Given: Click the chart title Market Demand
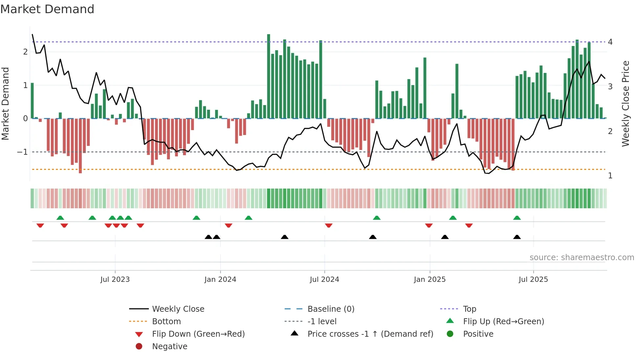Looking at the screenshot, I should (47, 9).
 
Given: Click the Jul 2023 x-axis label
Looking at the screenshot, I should (115, 280).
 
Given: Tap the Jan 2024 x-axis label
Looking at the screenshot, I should (220, 280).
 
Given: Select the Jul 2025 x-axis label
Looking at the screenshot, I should (533, 280).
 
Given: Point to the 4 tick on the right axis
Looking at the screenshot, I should (610, 42).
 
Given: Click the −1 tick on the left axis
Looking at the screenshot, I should (22, 152).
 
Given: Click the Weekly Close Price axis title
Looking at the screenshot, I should (626, 103).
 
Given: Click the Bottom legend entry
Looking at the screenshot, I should (166, 322).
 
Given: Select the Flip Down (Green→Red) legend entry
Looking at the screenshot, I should (198, 334).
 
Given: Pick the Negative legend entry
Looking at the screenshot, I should (170, 347).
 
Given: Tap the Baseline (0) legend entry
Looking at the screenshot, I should (331, 309).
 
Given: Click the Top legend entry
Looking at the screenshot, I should (470, 309).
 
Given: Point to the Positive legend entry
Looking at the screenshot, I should (478, 334).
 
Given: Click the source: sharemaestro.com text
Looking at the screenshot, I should (582, 258).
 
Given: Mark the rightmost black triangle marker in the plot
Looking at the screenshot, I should (517, 237).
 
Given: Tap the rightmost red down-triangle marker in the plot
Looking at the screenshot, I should (469, 225).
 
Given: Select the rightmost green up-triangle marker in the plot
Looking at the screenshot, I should (517, 218).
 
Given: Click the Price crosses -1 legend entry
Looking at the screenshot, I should (370, 334).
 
